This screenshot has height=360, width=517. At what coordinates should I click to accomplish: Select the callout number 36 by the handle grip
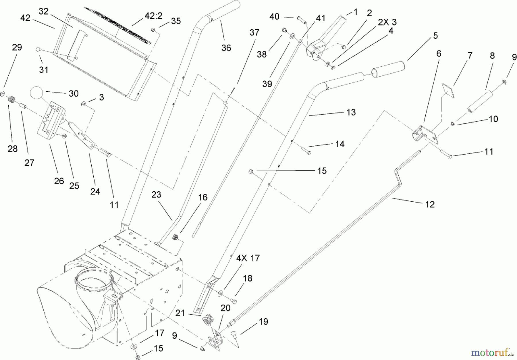click(226, 48)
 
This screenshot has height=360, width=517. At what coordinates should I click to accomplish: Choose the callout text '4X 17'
click(248, 258)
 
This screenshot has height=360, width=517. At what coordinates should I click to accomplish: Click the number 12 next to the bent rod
click(429, 204)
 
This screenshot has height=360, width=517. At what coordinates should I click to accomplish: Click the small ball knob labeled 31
click(38, 49)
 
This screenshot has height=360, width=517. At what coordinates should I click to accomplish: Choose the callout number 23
click(156, 195)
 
